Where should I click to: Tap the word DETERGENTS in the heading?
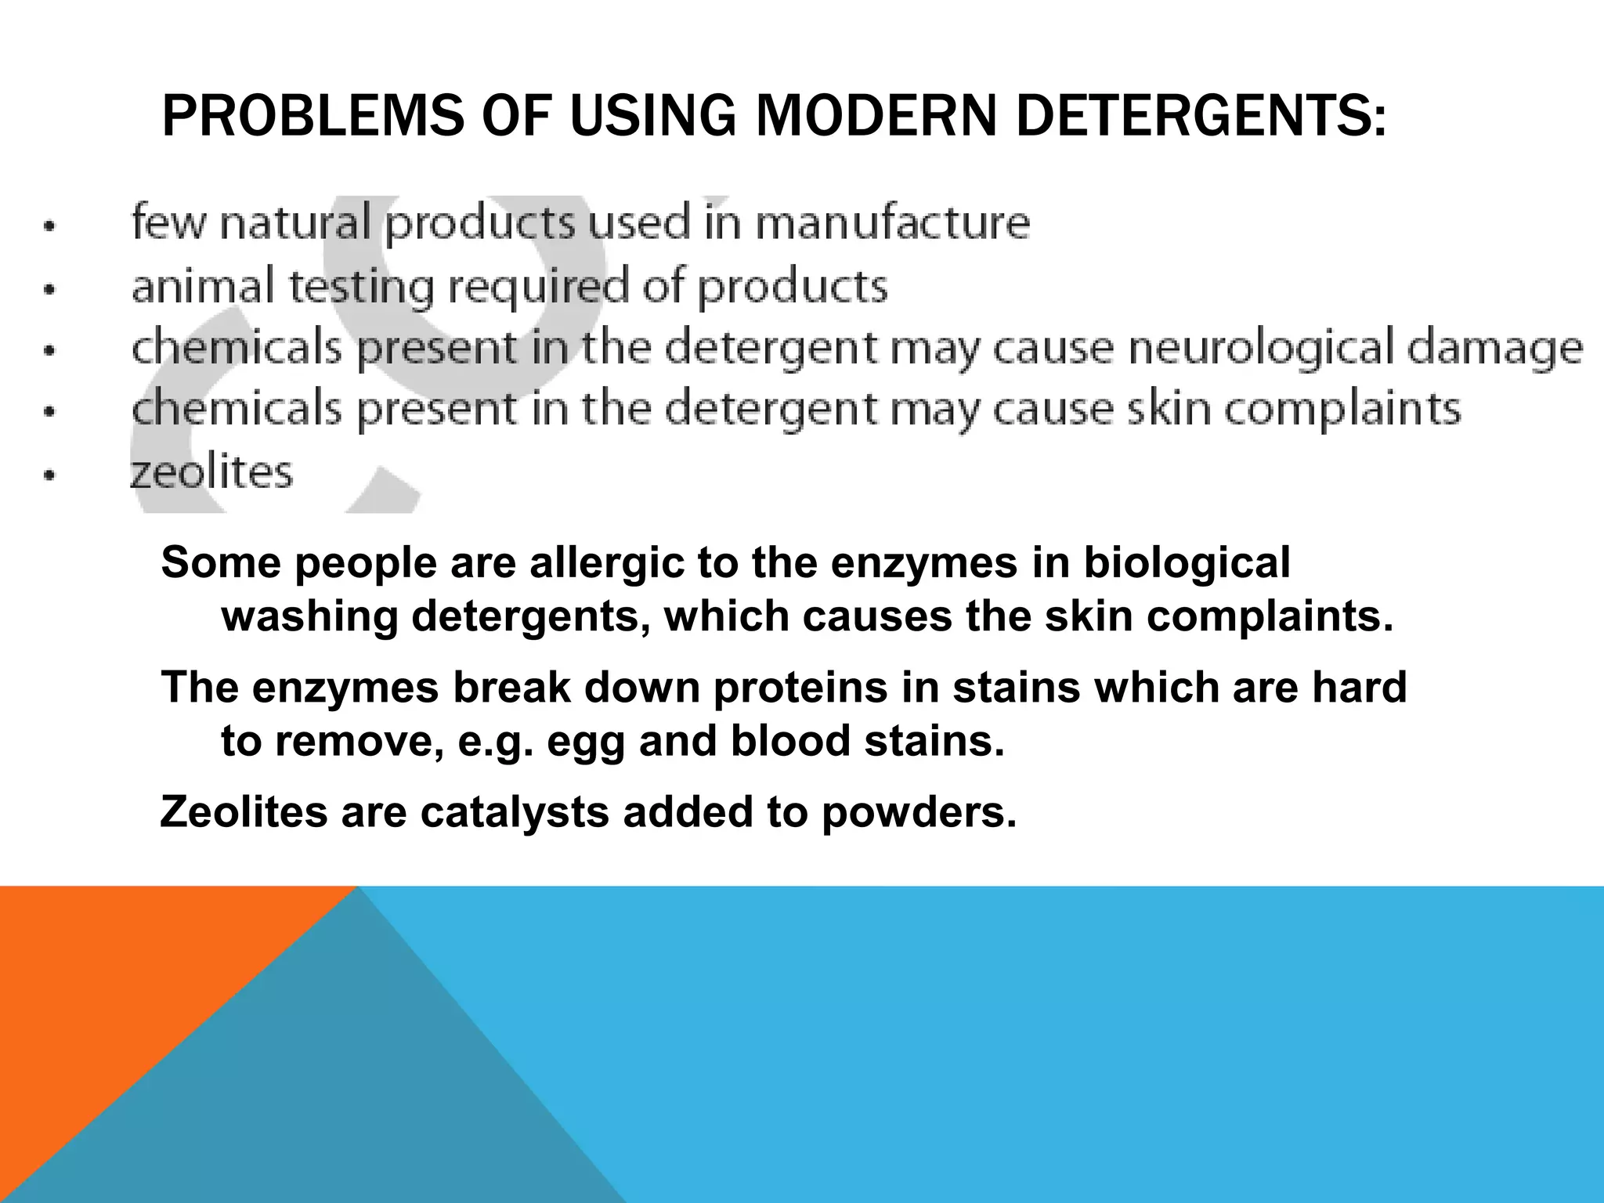pyautogui.click(x=1200, y=116)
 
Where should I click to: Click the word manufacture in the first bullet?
pyautogui.click(x=893, y=222)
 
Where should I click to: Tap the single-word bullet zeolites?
pyautogui.click(x=211, y=472)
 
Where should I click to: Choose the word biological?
pyautogui.click(x=1187, y=563)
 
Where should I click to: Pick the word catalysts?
pyautogui.click(x=515, y=811)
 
